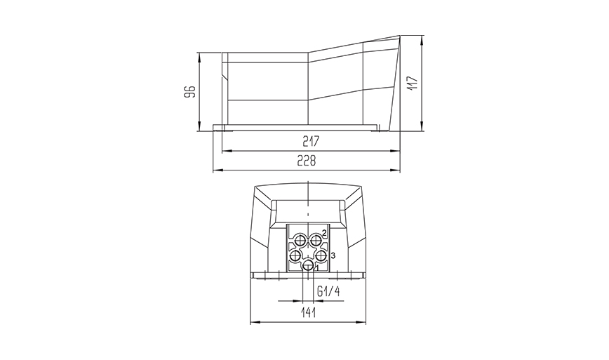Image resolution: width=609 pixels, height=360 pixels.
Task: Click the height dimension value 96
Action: click(x=189, y=92)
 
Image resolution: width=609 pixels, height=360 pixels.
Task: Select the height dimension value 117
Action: click(x=413, y=83)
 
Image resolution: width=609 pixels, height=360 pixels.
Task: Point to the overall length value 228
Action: click(x=305, y=161)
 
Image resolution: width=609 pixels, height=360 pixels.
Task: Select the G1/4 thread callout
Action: click(x=328, y=292)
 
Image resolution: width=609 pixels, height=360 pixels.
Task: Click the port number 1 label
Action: click(x=316, y=267)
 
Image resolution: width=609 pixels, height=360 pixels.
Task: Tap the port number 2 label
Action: click(x=324, y=232)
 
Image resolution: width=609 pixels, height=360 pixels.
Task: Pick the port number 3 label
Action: click(x=333, y=255)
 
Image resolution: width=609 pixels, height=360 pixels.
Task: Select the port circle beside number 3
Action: click(x=321, y=255)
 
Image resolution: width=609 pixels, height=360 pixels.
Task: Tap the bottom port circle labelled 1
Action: click(x=307, y=266)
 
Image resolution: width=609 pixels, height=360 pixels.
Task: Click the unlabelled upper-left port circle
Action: click(x=300, y=240)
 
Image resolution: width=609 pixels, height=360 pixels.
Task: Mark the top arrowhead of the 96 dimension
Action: click(x=201, y=55)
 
